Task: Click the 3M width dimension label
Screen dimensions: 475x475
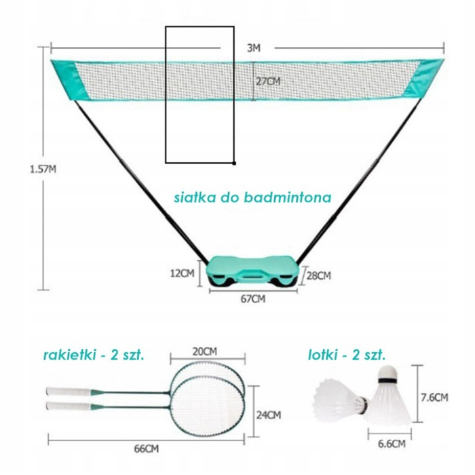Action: (x=254, y=48)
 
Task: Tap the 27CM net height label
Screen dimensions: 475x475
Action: (x=268, y=81)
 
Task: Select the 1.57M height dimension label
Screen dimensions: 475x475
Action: (x=43, y=169)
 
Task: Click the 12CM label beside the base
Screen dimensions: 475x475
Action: (x=182, y=273)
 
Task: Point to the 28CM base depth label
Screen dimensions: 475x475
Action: (x=319, y=275)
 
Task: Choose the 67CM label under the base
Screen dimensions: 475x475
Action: (x=253, y=299)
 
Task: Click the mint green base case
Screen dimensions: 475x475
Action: (x=253, y=271)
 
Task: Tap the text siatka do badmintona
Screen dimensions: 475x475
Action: (x=252, y=197)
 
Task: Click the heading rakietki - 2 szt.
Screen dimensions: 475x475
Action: (x=94, y=355)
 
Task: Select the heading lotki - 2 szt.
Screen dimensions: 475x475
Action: (x=347, y=355)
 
